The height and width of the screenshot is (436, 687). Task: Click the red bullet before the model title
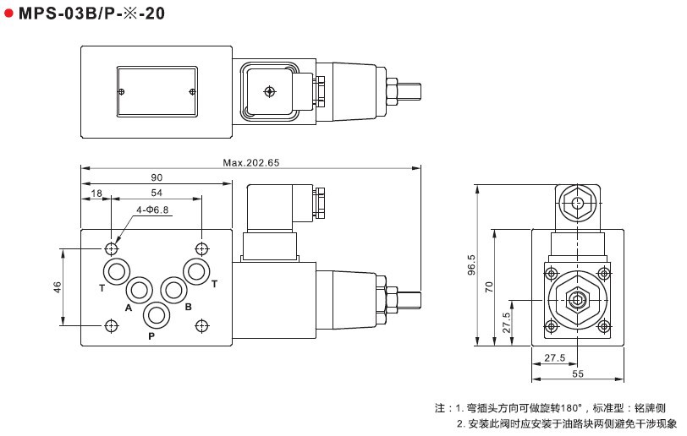[8, 14]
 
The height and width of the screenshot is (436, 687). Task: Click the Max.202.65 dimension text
[250, 163]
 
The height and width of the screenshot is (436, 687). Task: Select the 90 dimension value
[157, 177]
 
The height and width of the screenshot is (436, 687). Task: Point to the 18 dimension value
[96, 193]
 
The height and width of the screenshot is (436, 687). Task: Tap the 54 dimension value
[157, 193]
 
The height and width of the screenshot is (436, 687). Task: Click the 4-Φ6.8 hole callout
[152, 210]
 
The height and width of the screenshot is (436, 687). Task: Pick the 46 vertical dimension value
[58, 287]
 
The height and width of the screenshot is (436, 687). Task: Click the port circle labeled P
[156, 315]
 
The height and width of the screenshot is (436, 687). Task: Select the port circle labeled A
[140, 290]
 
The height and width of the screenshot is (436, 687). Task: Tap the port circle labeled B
[173, 290]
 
